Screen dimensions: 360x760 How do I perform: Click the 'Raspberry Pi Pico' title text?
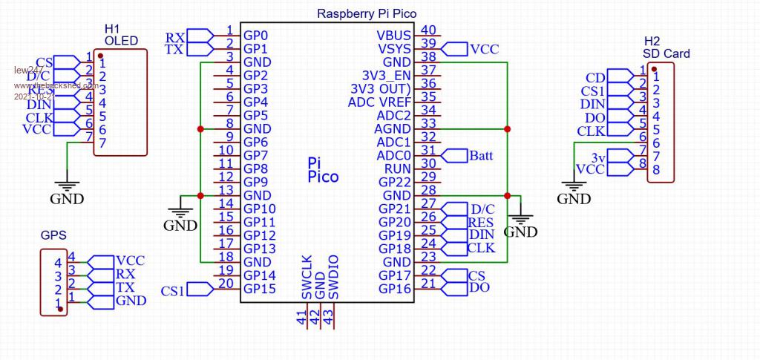click(367, 13)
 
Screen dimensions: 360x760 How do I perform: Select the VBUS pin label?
click(394, 36)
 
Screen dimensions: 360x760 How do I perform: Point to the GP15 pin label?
click(261, 289)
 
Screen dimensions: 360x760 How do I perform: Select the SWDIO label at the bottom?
click(333, 278)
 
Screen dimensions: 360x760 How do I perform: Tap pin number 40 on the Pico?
click(428, 30)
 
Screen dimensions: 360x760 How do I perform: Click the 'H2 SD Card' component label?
click(666, 47)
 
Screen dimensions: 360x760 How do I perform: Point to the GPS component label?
click(53, 235)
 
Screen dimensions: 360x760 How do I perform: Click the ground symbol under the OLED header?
click(67, 190)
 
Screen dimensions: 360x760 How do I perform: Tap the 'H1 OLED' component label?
click(121, 34)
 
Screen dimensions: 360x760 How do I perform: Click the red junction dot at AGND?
click(507, 129)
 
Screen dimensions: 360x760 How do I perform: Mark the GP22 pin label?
click(395, 182)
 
